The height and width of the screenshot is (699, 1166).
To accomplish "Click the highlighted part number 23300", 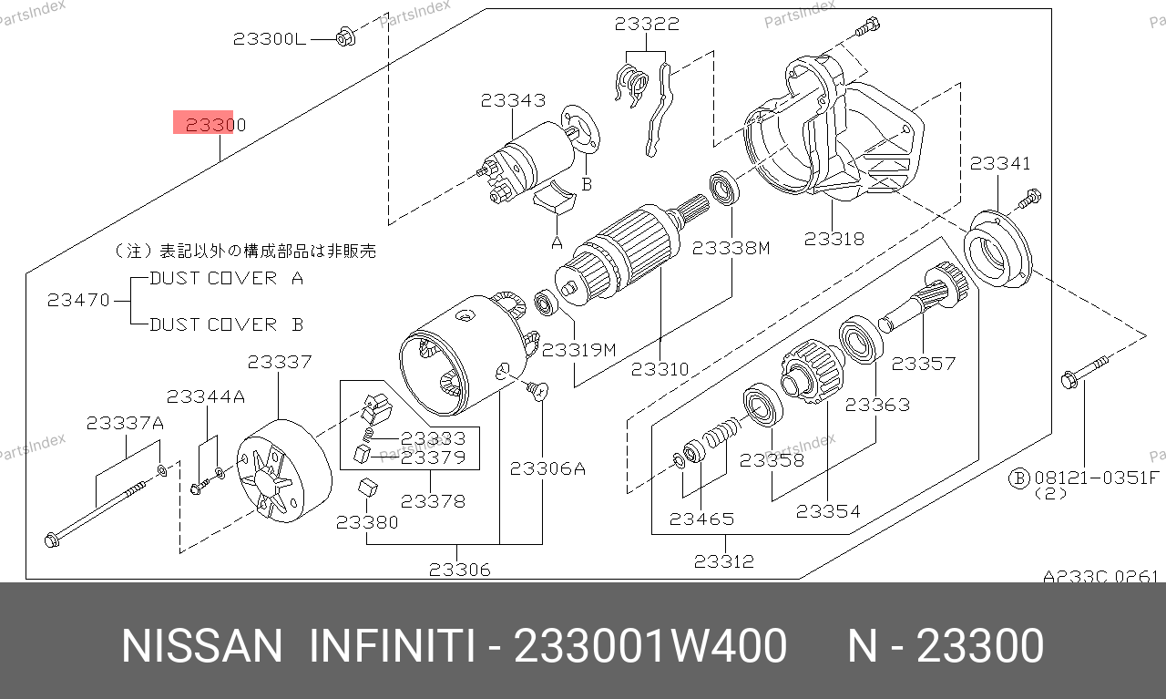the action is [x=216, y=125].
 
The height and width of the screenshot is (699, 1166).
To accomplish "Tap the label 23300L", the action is [x=270, y=39].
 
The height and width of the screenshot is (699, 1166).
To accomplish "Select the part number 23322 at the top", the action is [x=647, y=24].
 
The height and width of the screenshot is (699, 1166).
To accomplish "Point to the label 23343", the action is [x=513, y=100].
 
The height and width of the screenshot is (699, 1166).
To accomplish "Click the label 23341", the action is [x=1000, y=163].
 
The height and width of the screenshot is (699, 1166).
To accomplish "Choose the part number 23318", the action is [x=834, y=239].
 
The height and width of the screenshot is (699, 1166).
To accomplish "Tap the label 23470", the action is [x=78, y=300].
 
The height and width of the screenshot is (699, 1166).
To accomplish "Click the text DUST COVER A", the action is [x=227, y=278].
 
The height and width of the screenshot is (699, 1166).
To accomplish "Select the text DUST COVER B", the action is [x=227, y=324].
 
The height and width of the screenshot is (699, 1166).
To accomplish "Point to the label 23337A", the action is [x=125, y=423].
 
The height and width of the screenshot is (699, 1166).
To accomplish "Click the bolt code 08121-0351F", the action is [x=1095, y=478].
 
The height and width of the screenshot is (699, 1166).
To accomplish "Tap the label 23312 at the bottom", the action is [x=724, y=561].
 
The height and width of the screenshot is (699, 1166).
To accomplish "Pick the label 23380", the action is [x=367, y=522].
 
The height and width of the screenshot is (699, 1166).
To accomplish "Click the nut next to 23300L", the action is [x=344, y=36].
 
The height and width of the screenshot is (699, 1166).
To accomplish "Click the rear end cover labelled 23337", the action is [x=284, y=471].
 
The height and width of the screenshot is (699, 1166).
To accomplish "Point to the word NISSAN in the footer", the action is [x=202, y=646].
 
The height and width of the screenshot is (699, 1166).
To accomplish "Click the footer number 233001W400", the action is [x=650, y=646].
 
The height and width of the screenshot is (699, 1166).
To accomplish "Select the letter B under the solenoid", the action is [x=587, y=184].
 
